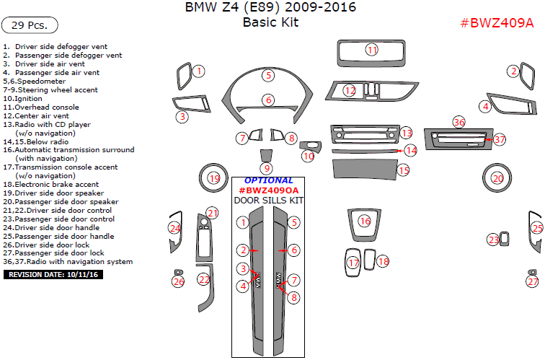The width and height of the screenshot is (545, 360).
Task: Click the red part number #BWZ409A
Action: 497,22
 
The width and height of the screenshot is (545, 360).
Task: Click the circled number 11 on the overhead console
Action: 371,50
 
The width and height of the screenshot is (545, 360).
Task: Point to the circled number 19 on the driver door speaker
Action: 213,178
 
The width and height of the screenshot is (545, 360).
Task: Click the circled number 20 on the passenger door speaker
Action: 497,178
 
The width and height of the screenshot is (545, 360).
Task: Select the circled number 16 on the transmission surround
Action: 365,221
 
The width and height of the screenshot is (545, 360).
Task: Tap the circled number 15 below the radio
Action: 404,170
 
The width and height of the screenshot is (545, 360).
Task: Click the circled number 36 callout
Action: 459,123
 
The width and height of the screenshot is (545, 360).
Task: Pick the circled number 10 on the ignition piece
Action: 309,156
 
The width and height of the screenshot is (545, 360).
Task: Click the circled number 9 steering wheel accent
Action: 267,168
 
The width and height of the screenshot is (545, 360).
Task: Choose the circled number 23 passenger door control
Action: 493,240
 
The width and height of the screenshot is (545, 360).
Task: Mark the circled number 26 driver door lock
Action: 178,281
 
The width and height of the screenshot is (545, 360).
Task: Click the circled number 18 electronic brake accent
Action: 383,261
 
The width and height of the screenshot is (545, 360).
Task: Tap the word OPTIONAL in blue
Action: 268,180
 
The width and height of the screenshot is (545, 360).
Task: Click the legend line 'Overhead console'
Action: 42,107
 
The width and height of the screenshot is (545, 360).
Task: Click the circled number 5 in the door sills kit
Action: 293,223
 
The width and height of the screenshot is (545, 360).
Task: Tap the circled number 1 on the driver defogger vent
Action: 198,71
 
